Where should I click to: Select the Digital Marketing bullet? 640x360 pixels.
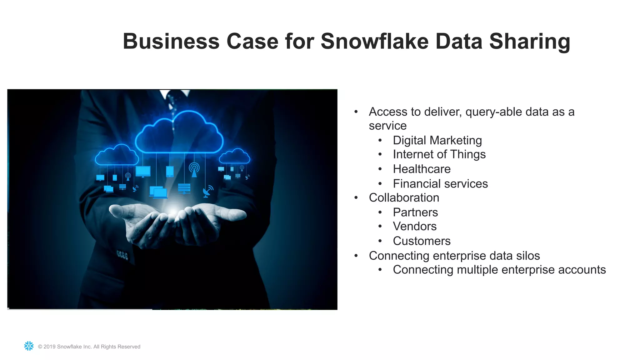[x=437, y=140]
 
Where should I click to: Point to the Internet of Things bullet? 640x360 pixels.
[x=439, y=154]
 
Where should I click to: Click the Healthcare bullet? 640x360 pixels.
[x=422, y=169]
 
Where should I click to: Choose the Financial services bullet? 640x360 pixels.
[x=440, y=184]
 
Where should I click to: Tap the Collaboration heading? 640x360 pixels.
[x=404, y=198]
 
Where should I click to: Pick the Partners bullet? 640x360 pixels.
[x=415, y=212]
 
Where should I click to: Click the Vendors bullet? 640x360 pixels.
[x=414, y=226]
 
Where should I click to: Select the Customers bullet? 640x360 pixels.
[x=422, y=241]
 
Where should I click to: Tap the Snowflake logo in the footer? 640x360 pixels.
[x=29, y=346]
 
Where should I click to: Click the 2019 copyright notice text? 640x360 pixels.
[x=89, y=347]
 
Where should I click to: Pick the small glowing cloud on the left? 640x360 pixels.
[x=117, y=155]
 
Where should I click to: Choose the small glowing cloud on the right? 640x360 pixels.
[x=234, y=156]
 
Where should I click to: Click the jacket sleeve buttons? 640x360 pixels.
[x=122, y=255]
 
